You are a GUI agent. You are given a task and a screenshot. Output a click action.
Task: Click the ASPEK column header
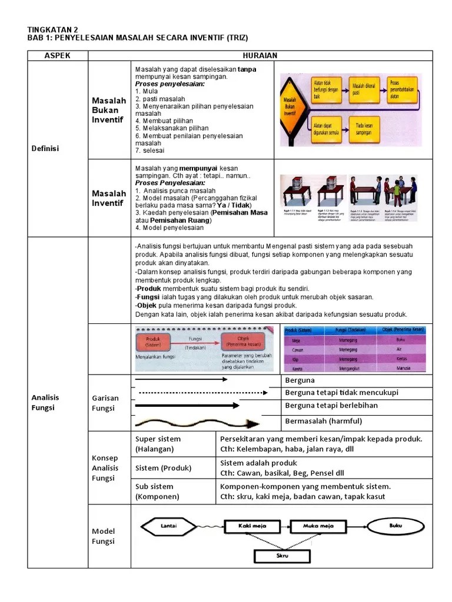coord(58,55)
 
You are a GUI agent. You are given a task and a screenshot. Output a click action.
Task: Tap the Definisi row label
coord(45,148)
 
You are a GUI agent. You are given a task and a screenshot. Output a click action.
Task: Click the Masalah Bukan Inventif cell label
coord(109,110)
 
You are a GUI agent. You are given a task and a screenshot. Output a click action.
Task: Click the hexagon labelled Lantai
coord(168,526)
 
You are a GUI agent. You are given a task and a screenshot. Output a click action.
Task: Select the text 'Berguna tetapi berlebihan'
coord(331,406)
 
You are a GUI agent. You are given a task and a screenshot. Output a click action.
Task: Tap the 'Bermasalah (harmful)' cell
coord(323,421)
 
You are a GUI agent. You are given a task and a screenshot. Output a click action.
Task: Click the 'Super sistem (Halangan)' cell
coord(158,444)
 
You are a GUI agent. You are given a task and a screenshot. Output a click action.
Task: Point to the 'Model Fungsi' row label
coord(104,536)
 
